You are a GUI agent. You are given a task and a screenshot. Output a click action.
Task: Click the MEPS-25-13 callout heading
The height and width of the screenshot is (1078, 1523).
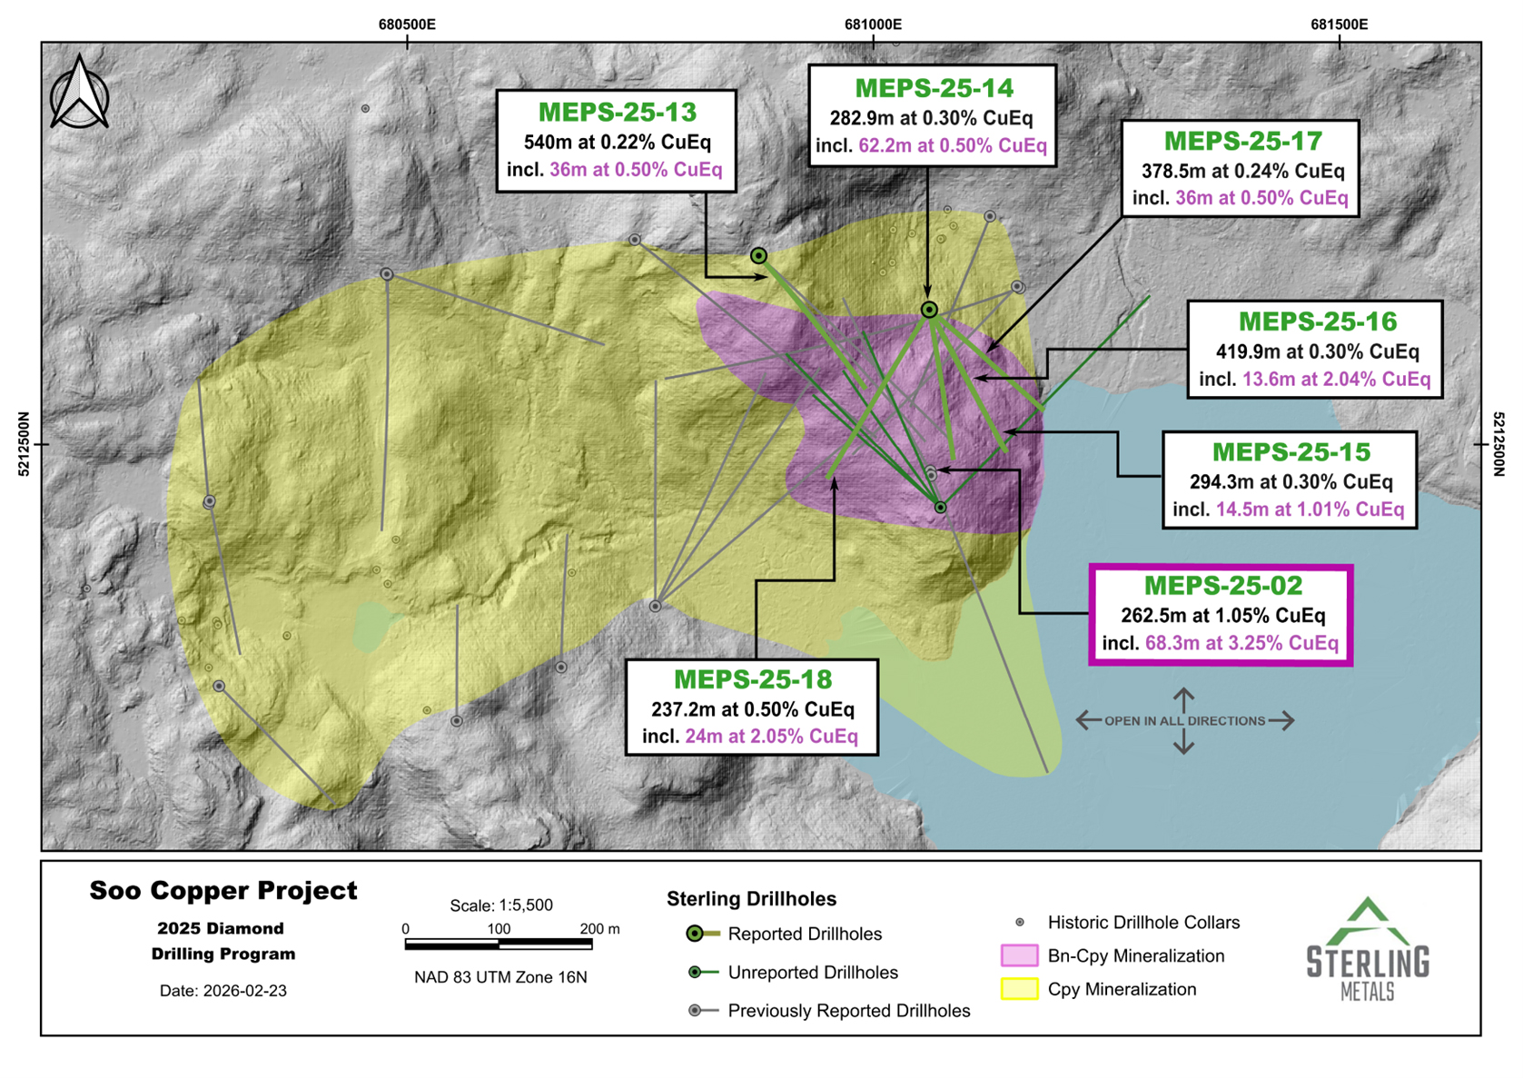point(617,113)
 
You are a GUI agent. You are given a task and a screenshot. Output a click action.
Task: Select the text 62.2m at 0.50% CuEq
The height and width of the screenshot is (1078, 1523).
point(952,146)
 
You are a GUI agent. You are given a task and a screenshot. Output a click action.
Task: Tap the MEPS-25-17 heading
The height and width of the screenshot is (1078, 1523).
point(1242,142)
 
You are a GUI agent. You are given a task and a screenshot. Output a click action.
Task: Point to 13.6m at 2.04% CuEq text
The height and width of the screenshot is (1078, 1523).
point(1336,380)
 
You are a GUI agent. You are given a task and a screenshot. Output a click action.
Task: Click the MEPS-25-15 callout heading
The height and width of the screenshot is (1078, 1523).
point(1291,452)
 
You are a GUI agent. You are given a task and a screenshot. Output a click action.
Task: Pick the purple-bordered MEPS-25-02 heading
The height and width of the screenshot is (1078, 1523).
point(1222,586)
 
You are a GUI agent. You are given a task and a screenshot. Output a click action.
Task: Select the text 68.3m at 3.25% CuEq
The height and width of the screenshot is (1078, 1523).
point(1241,644)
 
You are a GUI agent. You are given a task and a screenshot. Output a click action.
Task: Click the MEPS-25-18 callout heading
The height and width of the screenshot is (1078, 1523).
point(752,679)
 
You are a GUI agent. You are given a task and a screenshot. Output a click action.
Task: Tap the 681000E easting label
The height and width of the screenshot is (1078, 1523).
point(873,25)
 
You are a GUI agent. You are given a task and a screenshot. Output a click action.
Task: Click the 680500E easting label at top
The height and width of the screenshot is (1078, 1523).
point(407,25)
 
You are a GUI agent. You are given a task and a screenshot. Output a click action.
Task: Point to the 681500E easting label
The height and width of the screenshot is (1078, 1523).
point(1339,25)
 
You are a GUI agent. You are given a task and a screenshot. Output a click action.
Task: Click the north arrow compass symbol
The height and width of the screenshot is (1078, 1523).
point(80,93)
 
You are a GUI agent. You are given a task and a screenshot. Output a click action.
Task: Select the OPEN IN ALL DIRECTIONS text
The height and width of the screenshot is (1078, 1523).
point(1184,721)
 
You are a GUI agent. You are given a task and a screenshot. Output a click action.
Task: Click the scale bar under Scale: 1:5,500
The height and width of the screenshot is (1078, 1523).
point(499,945)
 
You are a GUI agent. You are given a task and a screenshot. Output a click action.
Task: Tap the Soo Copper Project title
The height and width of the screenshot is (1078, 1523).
point(223,891)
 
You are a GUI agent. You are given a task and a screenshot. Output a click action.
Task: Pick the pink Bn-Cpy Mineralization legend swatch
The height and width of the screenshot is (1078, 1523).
point(1019,955)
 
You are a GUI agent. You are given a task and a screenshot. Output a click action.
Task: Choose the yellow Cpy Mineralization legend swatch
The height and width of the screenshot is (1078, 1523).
point(1019,989)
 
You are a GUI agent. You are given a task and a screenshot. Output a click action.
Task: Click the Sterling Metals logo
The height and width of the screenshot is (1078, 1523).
point(1367,949)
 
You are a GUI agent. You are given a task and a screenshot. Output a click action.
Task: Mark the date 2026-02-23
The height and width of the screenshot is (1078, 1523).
point(223,991)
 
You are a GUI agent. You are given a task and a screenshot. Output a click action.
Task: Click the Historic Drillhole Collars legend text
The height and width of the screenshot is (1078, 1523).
point(1142,923)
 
